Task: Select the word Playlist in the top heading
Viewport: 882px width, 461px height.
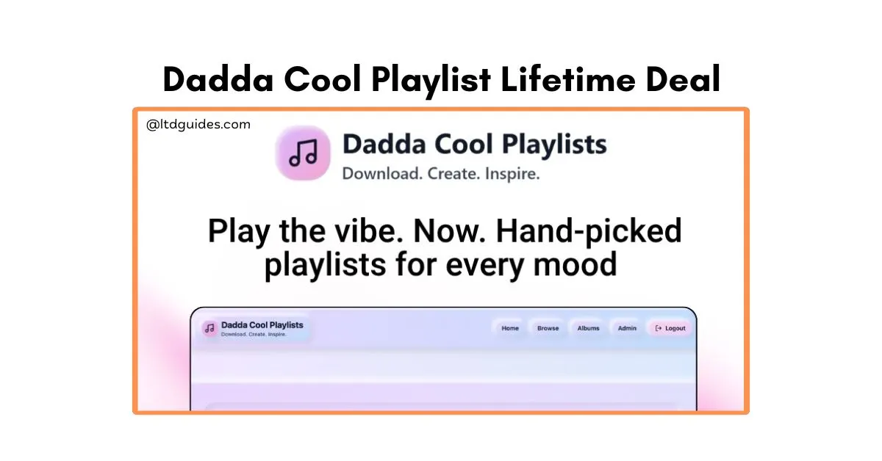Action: [431, 81]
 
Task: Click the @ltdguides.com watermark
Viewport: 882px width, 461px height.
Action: [198, 125]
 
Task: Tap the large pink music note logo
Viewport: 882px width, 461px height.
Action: [303, 153]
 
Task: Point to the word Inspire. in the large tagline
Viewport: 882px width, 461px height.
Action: [512, 173]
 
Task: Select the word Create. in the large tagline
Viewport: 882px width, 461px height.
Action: [454, 173]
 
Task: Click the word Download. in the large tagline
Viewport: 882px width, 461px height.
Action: [382, 173]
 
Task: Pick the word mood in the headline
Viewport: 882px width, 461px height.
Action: [575, 265]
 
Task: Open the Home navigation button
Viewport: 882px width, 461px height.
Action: [510, 328]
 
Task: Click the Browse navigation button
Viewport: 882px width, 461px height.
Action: [548, 328]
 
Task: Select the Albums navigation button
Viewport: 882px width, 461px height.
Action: [588, 328]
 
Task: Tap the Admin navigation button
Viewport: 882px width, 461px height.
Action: [627, 328]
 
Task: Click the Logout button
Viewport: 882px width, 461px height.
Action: [670, 328]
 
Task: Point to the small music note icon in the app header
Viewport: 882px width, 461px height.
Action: [210, 328]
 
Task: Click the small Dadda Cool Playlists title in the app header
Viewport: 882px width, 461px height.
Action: [262, 325]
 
